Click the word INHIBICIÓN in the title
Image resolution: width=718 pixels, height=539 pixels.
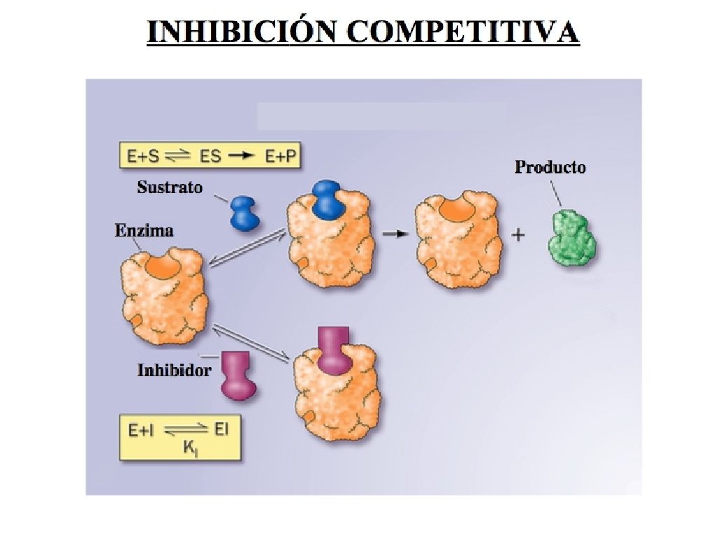(238, 32)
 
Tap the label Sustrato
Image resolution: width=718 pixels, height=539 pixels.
(170, 187)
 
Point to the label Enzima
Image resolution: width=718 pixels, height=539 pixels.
(144, 230)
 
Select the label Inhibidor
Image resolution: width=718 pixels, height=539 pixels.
(174, 370)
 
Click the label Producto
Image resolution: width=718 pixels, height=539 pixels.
(550, 167)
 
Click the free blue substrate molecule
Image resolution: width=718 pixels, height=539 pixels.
(245, 213)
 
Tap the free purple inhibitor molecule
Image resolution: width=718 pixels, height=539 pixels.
(237, 375)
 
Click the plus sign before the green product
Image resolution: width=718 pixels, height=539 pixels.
(518, 235)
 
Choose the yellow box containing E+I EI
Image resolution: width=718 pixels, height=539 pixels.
(179, 439)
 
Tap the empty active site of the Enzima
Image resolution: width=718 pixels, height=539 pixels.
(161, 266)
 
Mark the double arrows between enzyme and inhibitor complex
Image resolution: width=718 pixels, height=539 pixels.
(251, 343)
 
